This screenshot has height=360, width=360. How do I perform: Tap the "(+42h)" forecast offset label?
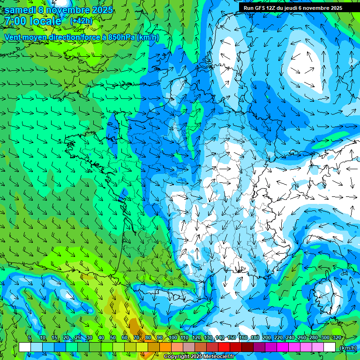point(81,21)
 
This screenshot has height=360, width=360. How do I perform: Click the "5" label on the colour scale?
point(30,337)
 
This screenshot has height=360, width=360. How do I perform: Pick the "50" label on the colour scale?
point(113,337)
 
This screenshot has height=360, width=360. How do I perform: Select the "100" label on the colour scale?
point(172,337)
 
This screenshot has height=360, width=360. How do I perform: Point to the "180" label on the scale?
point(255,337)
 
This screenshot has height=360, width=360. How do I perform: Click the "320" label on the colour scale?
point(337,337)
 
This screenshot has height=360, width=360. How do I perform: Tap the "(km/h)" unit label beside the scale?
point(348,348)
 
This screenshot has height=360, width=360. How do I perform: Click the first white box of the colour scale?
point(25,347)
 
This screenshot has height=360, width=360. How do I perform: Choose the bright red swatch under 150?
point(236,347)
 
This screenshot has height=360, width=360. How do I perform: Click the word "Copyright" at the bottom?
point(176,357)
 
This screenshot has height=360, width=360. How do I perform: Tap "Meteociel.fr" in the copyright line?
point(218,357)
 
